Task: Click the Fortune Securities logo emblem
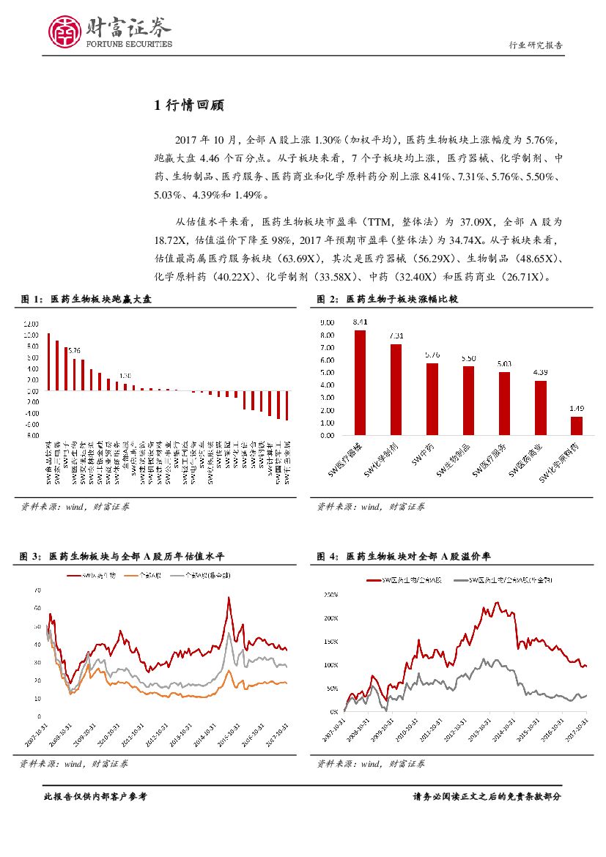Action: click(65, 31)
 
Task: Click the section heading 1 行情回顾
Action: click(189, 105)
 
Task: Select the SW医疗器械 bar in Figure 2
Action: click(360, 382)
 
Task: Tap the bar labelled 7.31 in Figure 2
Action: click(396, 390)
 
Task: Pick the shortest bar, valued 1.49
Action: click(577, 426)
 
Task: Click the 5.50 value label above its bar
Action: click(468, 358)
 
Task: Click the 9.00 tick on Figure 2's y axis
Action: click(327, 322)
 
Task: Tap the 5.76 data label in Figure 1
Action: click(74, 351)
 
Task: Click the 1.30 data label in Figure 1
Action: click(125, 375)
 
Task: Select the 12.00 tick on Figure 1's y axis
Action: click(32, 324)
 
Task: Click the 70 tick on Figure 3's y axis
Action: click(37, 590)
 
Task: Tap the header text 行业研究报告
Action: click(536, 45)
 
